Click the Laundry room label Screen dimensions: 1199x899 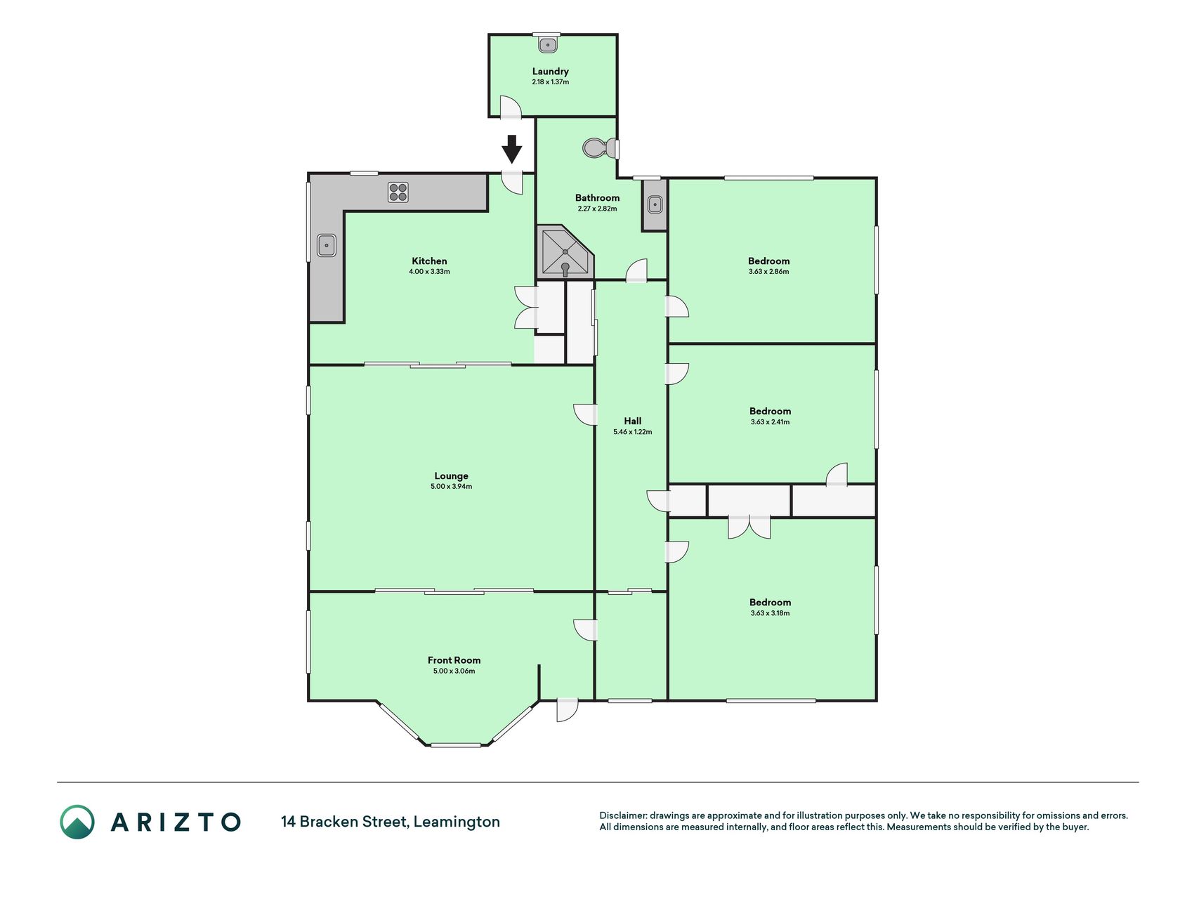point(550,71)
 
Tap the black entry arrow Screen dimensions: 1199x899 point(512,149)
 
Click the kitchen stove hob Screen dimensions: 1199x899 point(398,192)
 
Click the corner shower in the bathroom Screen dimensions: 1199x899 point(565,251)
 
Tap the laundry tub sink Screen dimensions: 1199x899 point(548,45)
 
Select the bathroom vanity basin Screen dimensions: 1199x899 point(655,204)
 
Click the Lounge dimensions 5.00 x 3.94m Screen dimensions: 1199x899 point(451,486)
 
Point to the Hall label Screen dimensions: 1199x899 point(633,421)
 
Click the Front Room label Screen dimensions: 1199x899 point(454,660)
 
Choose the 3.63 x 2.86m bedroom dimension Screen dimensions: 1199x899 point(768,271)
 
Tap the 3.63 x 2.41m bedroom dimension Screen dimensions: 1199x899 point(770,422)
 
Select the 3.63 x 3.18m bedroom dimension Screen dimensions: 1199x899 point(770,613)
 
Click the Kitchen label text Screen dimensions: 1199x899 point(429,261)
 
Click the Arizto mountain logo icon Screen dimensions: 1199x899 point(77,822)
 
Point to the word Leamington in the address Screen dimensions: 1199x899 point(457,822)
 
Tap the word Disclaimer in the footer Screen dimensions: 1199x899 point(622,815)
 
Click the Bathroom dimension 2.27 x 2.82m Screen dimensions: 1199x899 point(597,209)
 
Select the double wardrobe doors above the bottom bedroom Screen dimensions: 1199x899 point(749,527)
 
